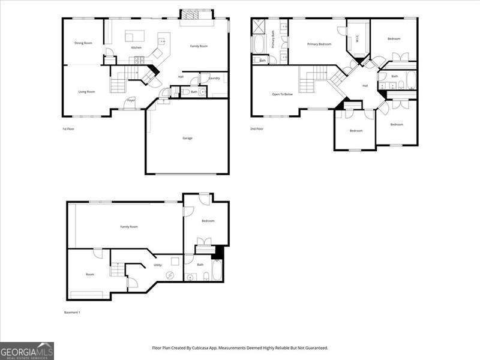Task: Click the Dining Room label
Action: (x=83, y=43)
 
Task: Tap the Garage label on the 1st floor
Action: (x=187, y=138)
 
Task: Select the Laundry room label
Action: (x=214, y=79)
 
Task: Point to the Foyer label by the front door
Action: (x=131, y=100)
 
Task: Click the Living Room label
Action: (x=86, y=92)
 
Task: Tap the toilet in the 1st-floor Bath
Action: (x=202, y=92)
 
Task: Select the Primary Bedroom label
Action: (x=319, y=44)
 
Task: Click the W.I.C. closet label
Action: (x=358, y=40)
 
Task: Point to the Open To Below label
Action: (x=282, y=94)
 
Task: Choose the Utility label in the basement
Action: (x=157, y=265)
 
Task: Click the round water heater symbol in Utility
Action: (x=170, y=275)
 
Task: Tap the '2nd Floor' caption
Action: (x=257, y=128)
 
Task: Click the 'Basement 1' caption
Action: (x=72, y=312)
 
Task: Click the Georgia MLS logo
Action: (x=27, y=350)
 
